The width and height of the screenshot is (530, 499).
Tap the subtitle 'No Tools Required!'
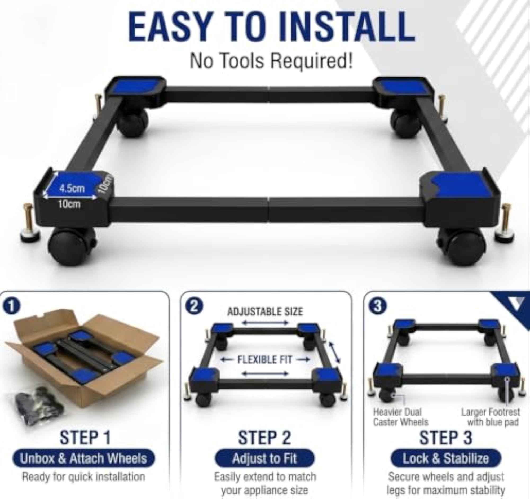tap(271, 61)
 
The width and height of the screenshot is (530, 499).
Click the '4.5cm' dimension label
tap(72, 189)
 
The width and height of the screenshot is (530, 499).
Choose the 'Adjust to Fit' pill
tap(264, 458)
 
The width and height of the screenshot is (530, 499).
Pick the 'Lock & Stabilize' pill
tap(446, 458)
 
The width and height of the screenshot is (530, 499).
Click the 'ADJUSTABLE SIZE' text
tap(265, 311)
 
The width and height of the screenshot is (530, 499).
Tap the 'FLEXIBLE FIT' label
tap(265, 360)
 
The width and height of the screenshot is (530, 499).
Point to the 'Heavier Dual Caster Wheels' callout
tap(400, 417)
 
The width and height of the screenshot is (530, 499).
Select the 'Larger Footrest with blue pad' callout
tap(491, 417)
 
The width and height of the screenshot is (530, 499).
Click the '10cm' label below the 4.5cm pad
tap(69, 205)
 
